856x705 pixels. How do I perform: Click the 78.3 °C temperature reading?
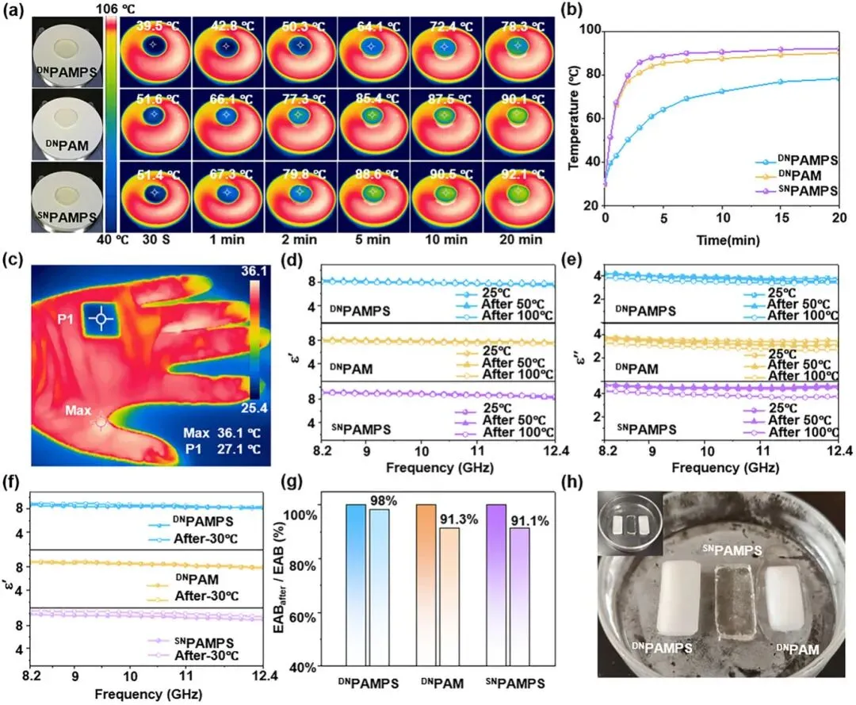point(519,27)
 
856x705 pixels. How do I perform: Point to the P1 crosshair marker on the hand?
point(101,319)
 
